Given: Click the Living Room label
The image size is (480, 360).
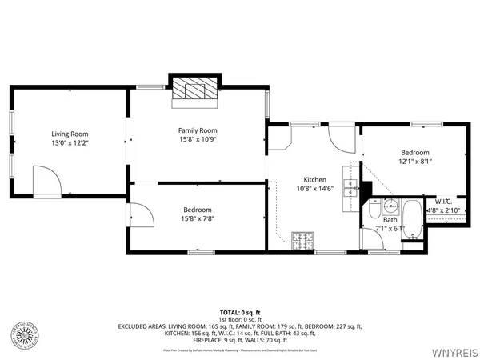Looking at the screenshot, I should (70, 134).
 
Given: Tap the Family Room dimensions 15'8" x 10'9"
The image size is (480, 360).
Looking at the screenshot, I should (198, 140).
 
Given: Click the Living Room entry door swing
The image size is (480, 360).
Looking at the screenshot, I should (45, 179).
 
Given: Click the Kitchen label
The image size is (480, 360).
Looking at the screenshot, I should (314, 179).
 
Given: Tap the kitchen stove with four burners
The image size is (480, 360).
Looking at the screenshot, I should (302, 239).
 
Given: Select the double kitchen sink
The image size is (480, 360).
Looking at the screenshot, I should (349, 188).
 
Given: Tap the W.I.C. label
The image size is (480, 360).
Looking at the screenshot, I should (443, 201).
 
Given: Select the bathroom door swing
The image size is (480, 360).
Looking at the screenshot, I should (370, 242).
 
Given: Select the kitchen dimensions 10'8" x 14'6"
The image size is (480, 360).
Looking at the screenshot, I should (314, 189).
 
